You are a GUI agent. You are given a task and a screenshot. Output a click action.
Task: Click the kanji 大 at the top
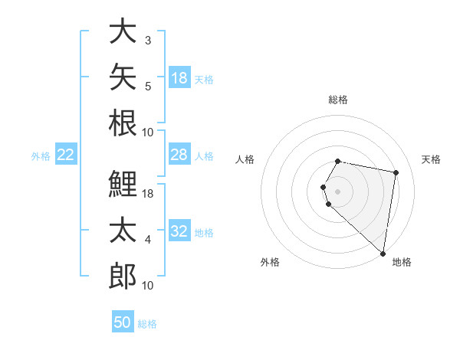[123, 31]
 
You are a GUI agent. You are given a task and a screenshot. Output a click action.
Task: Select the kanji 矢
[123, 77]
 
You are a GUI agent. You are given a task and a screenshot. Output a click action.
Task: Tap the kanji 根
[123, 123]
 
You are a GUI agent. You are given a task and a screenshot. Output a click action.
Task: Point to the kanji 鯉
[123, 184]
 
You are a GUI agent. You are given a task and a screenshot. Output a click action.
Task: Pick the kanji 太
[123, 230]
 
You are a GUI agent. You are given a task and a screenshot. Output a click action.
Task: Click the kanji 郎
[123, 276]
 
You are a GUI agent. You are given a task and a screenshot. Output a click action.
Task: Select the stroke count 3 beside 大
[148, 41]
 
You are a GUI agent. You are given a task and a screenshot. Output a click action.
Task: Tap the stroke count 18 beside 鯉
[147, 194]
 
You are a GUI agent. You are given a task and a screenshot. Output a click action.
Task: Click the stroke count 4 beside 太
[148, 240]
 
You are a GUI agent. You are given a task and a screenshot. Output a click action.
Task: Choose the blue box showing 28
[179, 154]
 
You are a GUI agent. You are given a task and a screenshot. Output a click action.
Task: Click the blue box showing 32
[179, 230]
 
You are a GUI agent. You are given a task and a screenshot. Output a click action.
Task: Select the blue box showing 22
[66, 154]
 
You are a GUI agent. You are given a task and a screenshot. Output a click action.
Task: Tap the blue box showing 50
[123, 321]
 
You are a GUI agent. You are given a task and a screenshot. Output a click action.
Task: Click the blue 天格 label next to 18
[204, 80]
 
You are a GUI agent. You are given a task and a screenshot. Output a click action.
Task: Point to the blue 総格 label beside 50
[147, 324]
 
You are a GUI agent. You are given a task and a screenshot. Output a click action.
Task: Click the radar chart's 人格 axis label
[245, 159]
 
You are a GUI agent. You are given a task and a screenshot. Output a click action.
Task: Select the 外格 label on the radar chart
[270, 262]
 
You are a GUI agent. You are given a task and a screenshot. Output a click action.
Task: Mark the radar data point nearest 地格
[383, 254]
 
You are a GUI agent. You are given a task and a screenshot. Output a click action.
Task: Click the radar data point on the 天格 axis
[396, 172]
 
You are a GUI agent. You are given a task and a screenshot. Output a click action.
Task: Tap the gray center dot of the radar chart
[337, 191]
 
